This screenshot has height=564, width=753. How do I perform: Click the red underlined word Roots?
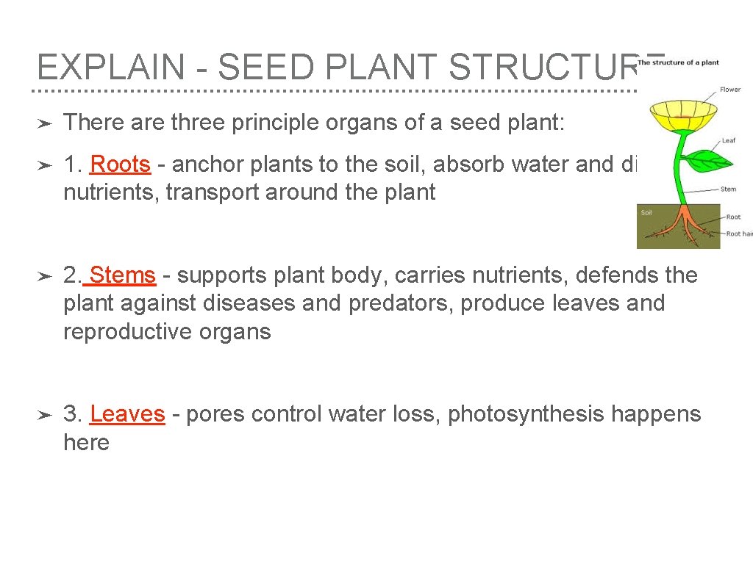point(120,164)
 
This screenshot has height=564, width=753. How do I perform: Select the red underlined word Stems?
point(123,275)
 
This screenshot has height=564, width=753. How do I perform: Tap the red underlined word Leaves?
point(127,414)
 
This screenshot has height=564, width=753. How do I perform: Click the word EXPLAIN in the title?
point(110,68)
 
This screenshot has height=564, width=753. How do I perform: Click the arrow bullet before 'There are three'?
point(43,123)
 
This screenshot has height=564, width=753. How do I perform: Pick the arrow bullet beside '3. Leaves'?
point(43,415)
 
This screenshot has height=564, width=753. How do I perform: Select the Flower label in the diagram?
point(730,90)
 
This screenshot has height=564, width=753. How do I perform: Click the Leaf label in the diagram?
point(728,140)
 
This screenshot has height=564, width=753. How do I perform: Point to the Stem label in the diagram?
point(728,189)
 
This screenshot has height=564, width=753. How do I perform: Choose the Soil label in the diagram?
point(646,213)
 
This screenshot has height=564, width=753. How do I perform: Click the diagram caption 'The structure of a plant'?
point(677,62)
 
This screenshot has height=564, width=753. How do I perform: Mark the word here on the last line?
point(86,443)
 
